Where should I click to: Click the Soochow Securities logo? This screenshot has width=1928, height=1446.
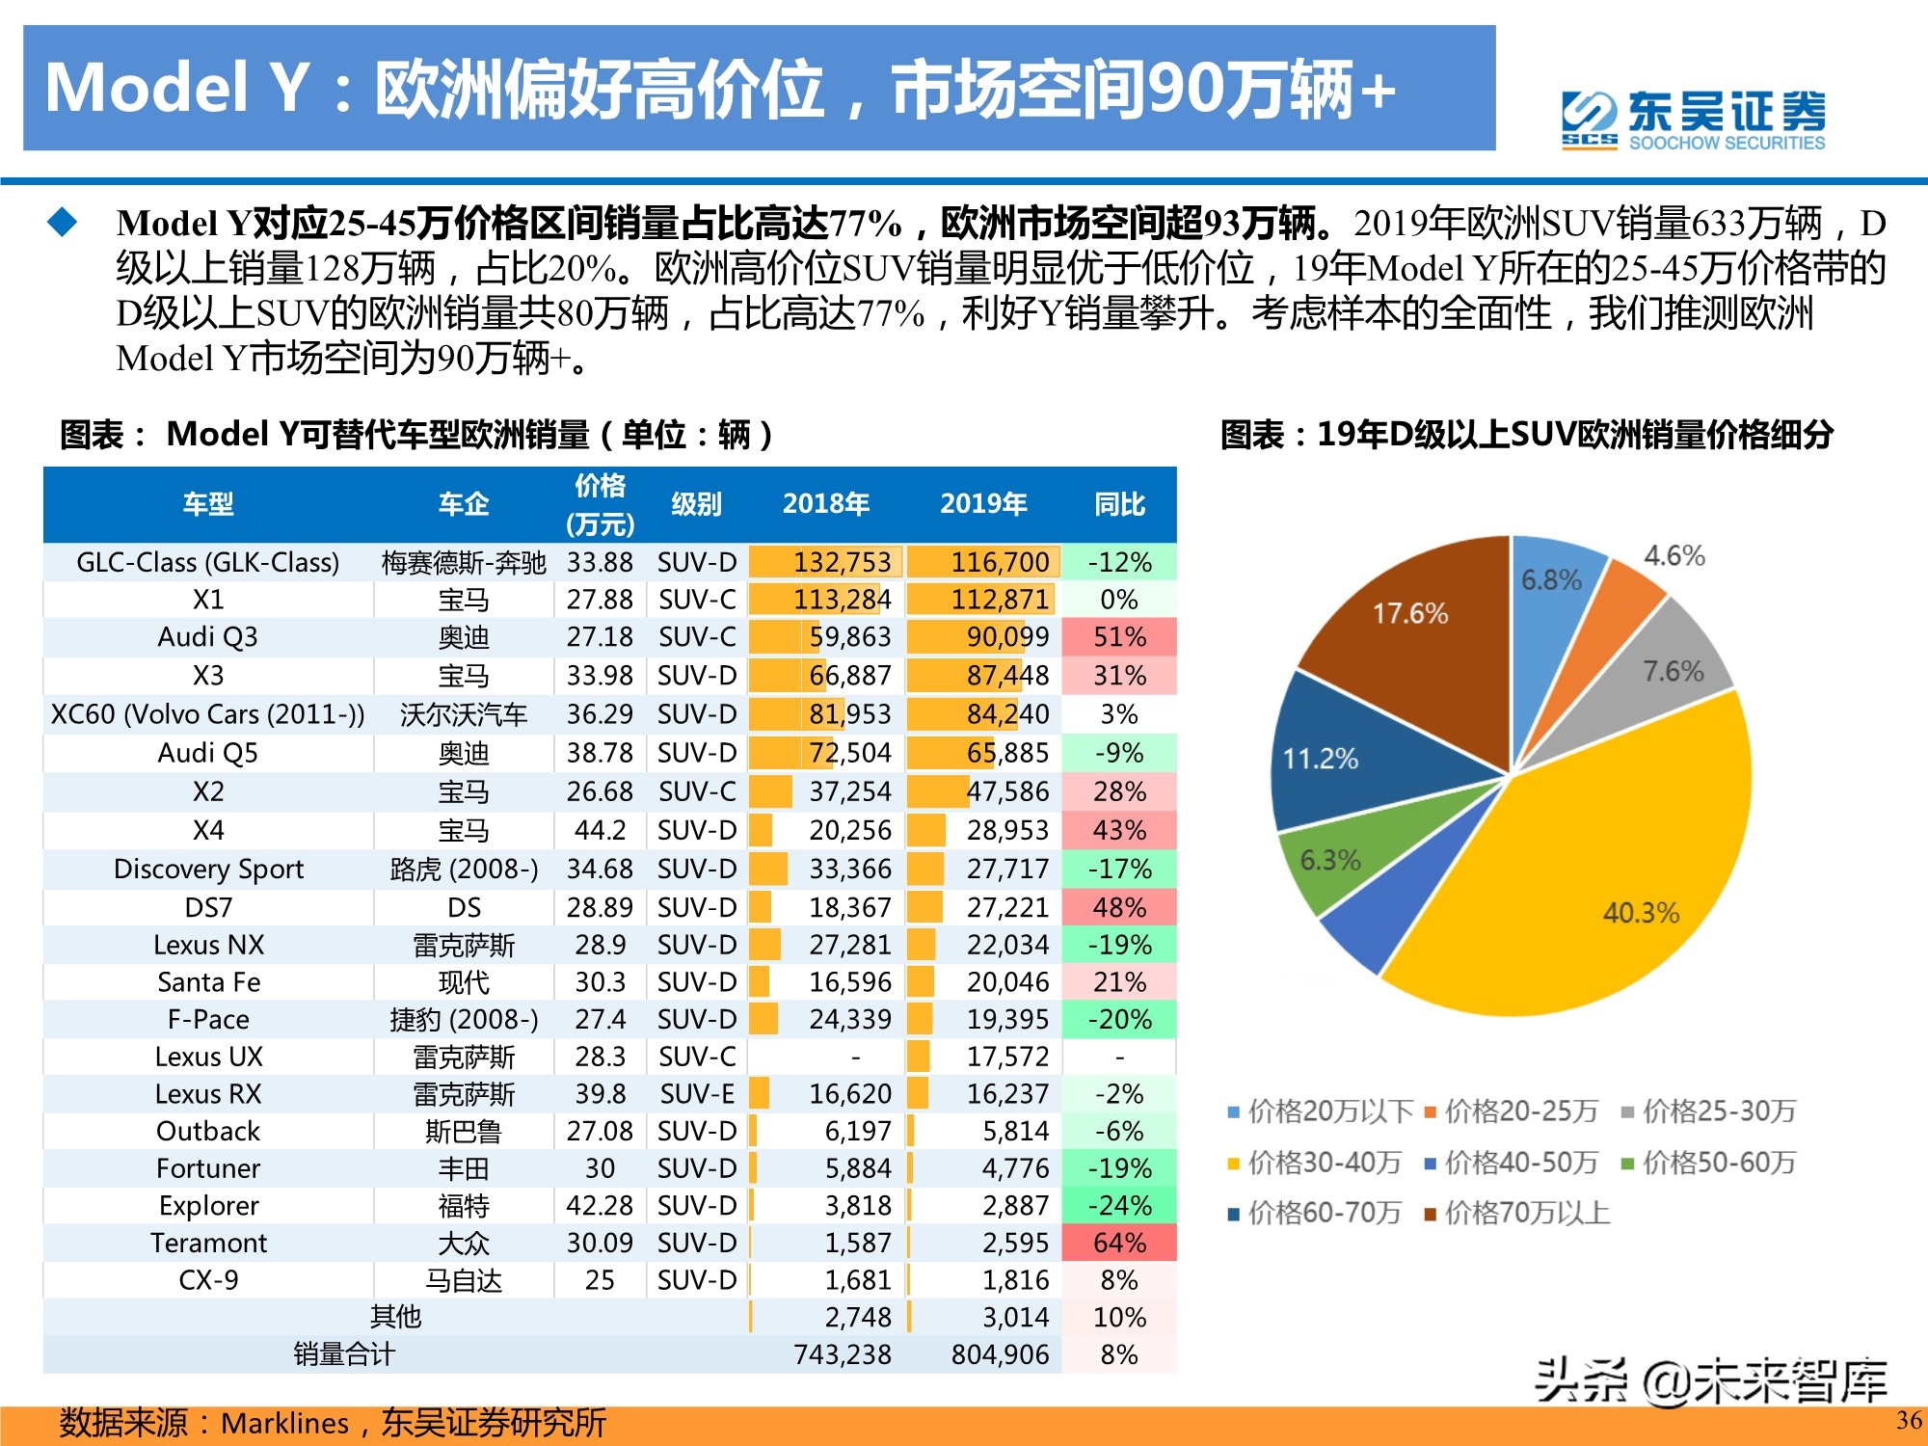[1693, 120]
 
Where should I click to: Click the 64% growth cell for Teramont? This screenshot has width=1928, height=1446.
[1119, 1243]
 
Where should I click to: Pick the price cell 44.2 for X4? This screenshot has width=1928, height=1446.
[600, 830]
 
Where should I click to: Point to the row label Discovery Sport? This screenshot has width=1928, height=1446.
[208, 869]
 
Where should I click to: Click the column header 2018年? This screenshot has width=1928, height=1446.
[826, 504]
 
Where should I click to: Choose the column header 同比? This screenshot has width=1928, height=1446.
[1119, 504]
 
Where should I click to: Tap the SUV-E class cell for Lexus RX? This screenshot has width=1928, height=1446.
[697, 1094]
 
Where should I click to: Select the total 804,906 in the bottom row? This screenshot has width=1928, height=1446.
[1000, 1354]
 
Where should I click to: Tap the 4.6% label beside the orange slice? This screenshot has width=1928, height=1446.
[1674, 555]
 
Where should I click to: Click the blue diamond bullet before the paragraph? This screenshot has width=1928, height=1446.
[63, 223]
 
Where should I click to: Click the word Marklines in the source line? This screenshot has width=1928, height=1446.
[284, 1423]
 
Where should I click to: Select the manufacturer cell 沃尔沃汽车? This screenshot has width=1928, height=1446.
[464, 714]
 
